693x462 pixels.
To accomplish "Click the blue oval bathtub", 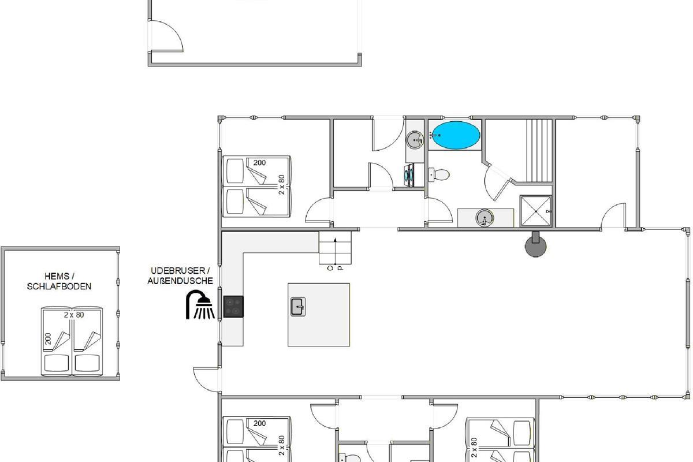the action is (x=456, y=135).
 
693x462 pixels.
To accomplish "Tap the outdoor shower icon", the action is (x=200, y=304).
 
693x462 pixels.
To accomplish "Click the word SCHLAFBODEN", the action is (x=59, y=286).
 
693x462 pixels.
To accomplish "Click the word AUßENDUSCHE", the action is (x=180, y=281).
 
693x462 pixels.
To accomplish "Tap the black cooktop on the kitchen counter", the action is (x=233, y=307).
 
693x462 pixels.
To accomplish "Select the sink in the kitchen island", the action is (x=298, y=307).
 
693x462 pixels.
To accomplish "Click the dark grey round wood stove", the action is (x=536, y=245).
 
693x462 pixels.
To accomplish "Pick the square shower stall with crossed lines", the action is (x=536, y=211).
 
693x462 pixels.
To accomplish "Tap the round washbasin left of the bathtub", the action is (x=415, y=140).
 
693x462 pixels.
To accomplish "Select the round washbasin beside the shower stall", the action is (x=484, y=217).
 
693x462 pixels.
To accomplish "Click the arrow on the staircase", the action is (x=335, y=249).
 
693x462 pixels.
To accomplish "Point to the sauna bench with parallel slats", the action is (x=539, y=151).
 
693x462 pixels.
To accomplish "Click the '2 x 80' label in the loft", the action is (x=74, y=315).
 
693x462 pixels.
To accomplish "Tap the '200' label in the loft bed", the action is (x=48, y=339).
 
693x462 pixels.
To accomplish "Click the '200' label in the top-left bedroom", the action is (x=259, y=163).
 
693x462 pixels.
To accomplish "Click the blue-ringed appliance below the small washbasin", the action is (x=409, y=176).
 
